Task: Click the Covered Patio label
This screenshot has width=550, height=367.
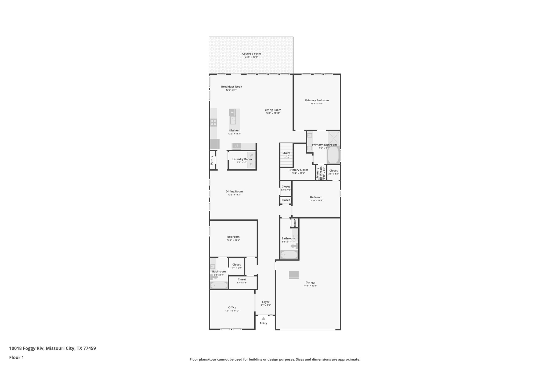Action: point(251,54)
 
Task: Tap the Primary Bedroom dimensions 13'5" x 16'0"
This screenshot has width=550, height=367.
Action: point(317,104)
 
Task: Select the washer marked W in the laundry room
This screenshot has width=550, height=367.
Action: point(251,155)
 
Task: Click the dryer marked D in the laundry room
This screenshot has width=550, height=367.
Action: point(251,164)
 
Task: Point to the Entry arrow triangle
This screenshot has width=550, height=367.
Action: point(263,319)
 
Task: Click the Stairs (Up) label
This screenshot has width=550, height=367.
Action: point(286,155)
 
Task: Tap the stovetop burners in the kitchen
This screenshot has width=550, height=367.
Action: point(214,123)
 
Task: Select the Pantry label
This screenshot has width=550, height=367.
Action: point(212,160)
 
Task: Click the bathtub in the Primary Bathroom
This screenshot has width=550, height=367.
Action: point(333,155)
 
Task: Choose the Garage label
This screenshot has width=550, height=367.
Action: point(310,283)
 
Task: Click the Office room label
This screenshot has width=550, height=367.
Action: point(232,308)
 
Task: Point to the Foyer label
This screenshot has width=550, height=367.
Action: point(266,302)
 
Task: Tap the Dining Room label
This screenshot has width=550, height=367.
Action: point(234,192)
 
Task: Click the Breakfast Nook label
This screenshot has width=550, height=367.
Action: point(231,87)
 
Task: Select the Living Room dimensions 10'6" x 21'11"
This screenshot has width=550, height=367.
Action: point(273,113)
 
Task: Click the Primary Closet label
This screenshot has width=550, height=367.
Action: point(298,170)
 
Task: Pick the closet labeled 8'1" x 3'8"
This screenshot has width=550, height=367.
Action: point(242,281)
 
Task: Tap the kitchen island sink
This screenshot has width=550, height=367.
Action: point(233,120)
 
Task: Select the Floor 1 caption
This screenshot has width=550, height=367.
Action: point(16,358)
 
